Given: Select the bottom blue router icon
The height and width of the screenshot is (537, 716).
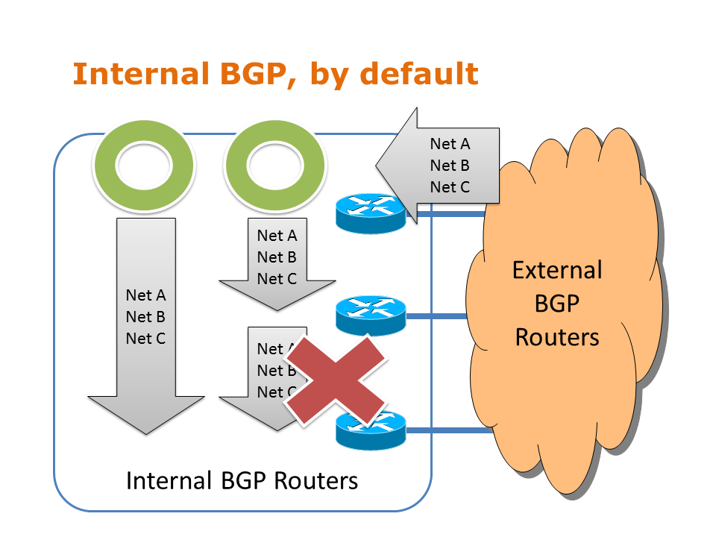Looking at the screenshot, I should coord(370,430).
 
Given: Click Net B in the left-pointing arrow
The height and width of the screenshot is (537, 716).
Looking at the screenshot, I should coord(450,166).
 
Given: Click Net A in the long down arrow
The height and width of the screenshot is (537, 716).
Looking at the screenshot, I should coord(145,295).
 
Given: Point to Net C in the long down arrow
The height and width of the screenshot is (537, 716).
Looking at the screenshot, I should coord(145,338).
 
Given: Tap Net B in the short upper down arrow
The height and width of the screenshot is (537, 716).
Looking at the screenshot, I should coord(277,257).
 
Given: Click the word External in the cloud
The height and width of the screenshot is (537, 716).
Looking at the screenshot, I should coord(557,269).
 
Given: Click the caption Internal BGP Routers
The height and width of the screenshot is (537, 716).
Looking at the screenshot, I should coord(242,480).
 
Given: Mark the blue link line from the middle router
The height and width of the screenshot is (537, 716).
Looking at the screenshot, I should coord(444,317).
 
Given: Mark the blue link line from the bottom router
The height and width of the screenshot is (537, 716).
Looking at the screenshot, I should coord(444,430).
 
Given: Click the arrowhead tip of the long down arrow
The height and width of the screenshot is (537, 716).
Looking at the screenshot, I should coord(145,432).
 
